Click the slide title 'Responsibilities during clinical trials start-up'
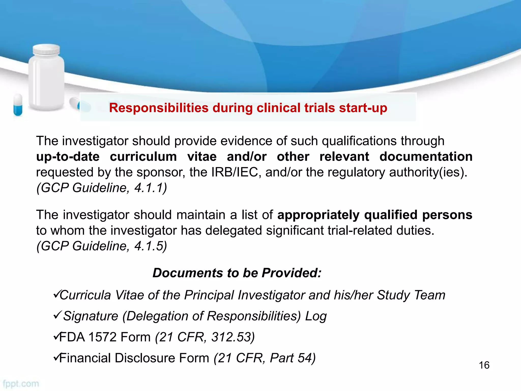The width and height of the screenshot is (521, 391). [x=248, y=108]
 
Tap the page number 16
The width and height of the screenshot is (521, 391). [x=484, y=365]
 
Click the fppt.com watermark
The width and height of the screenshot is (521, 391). [x=21, y=384]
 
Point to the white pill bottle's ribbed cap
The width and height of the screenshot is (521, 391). [x=47, y=50]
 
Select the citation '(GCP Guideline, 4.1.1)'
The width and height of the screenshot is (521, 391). [x=102, y=188]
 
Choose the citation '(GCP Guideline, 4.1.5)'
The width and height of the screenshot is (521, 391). [x=102, y=246]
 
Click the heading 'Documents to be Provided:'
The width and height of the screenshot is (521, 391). [x=237, y=273]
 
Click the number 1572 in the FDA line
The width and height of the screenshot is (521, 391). [x=103, y=337]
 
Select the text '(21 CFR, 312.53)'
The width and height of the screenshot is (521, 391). [x=205, y=337]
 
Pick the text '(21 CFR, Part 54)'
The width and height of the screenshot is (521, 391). [x=265, y=358]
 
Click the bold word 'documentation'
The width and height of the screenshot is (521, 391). [x=426, y=156]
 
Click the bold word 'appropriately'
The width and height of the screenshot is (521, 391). [x=318, y=215]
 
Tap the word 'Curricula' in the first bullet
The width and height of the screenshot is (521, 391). [x=85, y=295]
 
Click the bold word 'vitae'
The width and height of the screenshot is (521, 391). [x=202, y=156]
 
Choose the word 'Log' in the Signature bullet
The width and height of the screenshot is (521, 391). [x=316, y=316]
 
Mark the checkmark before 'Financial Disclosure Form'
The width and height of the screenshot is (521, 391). [x=56, y=357]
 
